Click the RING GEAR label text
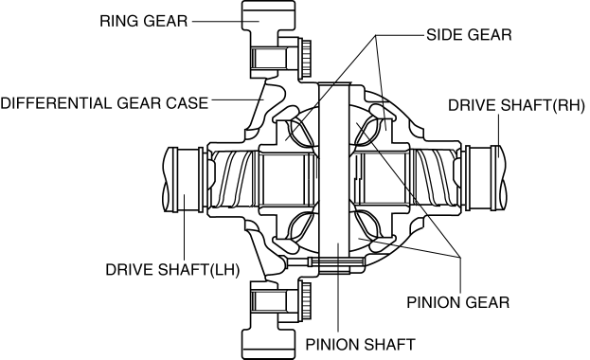(x=143, y=21)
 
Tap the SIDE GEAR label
(x=469, y=35)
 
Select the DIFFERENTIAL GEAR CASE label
(x=104, y=103)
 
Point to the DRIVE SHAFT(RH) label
(x=516, y=105)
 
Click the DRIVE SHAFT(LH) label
(x=172, y=270)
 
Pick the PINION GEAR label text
(x=458, y=302)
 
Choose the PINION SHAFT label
(x=360, y=345)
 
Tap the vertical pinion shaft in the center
(x=334, y=177)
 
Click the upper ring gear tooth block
(x=268, y=15)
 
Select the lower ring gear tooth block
(x=268, y=344)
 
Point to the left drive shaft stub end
(x=183, y=179)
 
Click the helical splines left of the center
(x=232, y=178)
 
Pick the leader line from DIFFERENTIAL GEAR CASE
(x=238, y=99)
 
